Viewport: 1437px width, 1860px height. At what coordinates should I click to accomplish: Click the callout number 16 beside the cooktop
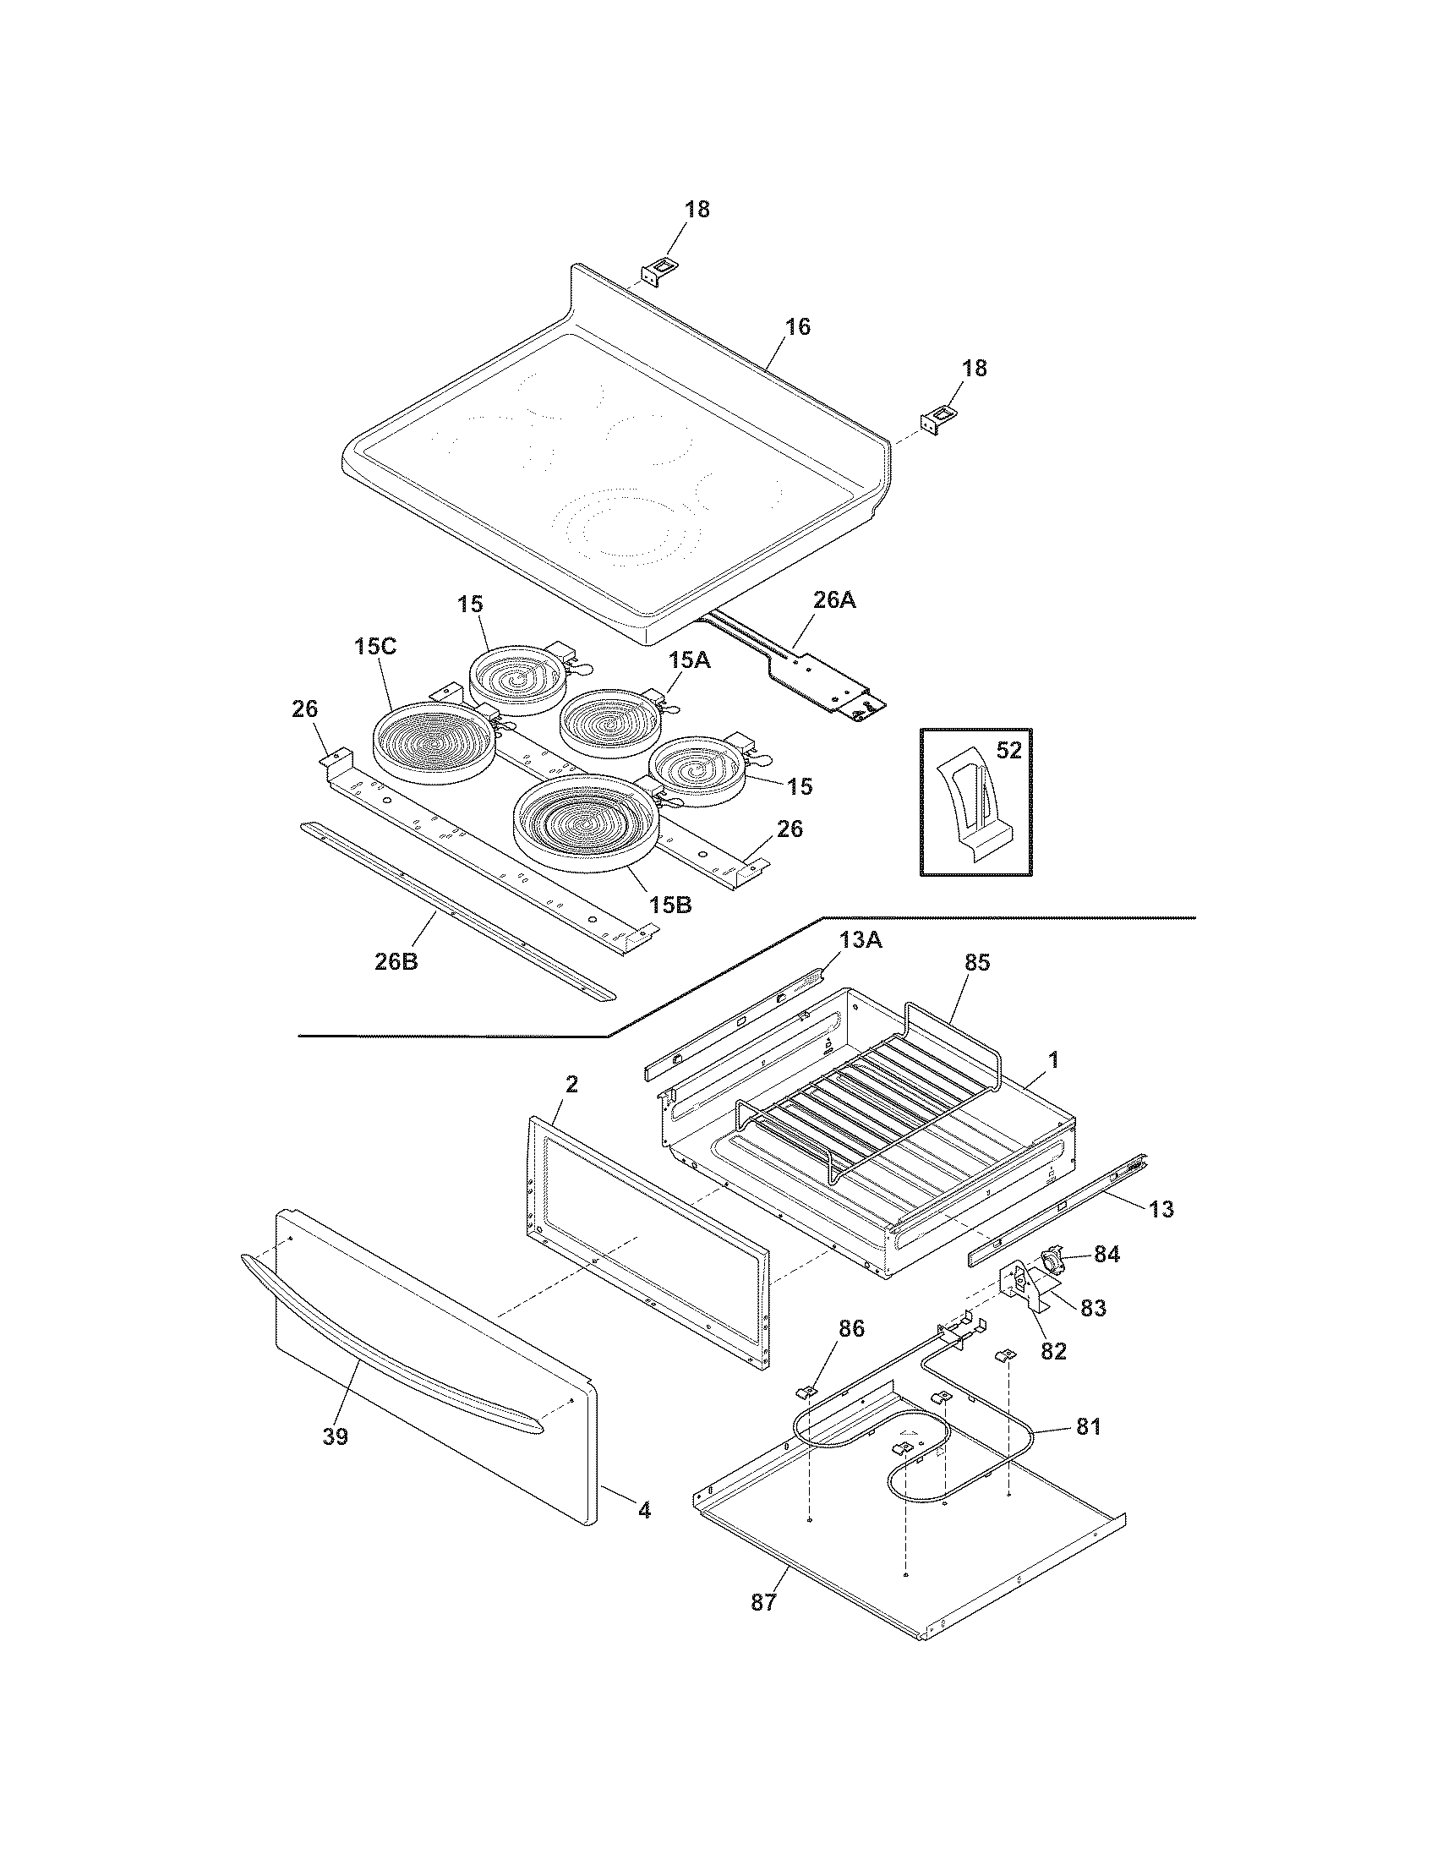click(797, 327)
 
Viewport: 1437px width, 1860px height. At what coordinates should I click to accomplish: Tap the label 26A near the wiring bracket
click(833, 599)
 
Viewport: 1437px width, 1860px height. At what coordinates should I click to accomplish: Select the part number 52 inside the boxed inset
click(1008, 750)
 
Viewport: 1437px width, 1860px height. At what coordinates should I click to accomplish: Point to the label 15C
click(375, 647)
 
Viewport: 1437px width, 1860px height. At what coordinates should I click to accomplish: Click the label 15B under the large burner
click(670, 905)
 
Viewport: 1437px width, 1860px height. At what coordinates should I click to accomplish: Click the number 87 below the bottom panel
click(763, 1602)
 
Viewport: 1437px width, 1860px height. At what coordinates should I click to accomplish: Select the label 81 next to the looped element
click(1088, 1427)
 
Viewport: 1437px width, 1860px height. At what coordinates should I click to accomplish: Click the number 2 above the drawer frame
click(571, 1084)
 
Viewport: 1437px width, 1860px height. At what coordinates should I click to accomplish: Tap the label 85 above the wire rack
click(977, 962)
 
